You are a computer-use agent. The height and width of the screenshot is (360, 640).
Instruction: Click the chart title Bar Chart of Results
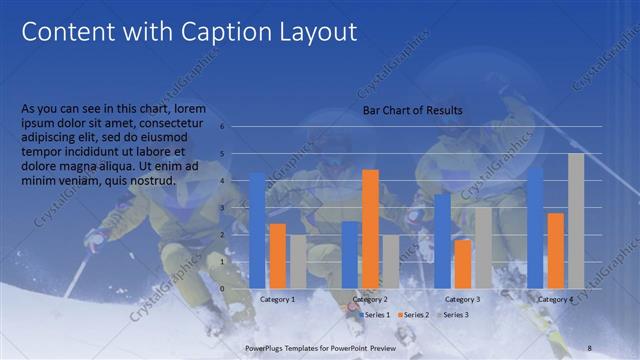412,110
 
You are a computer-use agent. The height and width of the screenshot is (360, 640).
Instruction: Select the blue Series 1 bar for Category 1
257,230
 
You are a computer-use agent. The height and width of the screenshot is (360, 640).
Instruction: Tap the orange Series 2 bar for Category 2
370,229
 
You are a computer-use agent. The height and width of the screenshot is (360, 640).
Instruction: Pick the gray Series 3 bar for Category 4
576,221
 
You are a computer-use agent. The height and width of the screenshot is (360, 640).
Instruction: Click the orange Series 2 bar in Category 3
463,264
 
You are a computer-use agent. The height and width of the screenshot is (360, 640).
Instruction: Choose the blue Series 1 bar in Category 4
535,227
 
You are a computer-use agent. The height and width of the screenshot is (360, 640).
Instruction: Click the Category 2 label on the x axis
370,299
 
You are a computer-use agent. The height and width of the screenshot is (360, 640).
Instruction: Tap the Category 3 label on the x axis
462,299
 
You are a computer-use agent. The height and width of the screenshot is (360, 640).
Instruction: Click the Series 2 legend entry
416,315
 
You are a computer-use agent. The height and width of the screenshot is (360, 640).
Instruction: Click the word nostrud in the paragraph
152,181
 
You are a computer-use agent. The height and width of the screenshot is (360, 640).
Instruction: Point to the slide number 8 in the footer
589,347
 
